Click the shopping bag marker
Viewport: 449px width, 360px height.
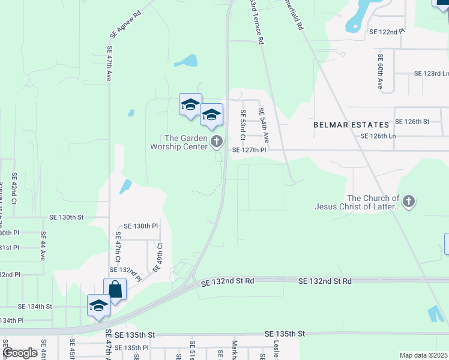click(x=115, y=290)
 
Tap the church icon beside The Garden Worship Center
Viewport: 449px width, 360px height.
click(x=217, y=142)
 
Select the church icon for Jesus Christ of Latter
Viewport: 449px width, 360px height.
click(x=409, y=202)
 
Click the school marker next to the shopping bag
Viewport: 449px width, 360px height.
click(x=98, y=306)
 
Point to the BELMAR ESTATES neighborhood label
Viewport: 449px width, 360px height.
click(x=351, y=125)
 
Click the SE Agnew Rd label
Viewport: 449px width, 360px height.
click(x=125, y=25)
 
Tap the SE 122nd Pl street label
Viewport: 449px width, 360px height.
click(x=387, y=31)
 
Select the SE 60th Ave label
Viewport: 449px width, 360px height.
click(x=380, y=71)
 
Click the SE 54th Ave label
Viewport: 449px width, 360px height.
click(x=262, y=125)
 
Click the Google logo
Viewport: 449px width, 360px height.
click(x=20, y=353)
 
